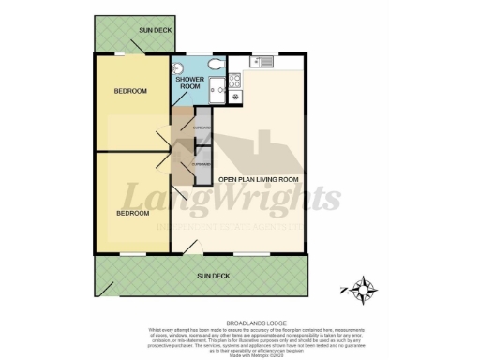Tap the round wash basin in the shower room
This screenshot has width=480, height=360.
[x=178, y=67]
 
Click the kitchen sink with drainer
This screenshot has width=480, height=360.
[x=260, y=63]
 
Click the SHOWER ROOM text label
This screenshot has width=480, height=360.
[x=190, y=83]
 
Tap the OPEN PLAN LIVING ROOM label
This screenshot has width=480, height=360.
[x=258, y=177]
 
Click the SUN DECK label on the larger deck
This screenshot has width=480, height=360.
[x=213, y=277]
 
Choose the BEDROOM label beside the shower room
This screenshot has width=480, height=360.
[x=130, y=91]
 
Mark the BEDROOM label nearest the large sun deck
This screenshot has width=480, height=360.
[x=132, y=214]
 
